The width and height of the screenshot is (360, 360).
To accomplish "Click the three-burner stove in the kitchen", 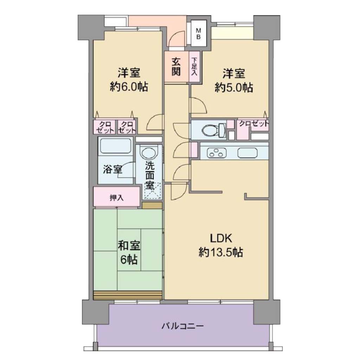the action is (x=217, y=153).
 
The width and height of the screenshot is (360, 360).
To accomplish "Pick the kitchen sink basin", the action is (x=247, y=153).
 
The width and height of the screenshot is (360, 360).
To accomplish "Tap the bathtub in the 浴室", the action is (x=116, y=146).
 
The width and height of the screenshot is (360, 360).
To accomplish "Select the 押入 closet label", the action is (x=117, y=198).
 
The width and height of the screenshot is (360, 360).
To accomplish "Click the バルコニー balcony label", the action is (x=182, y=326).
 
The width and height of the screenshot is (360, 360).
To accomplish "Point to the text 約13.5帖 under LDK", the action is (x=220, y=252).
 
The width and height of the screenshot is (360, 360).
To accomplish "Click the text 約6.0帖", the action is (x=129, y=87).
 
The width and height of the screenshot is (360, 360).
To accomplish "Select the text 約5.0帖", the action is (x=234, y=88).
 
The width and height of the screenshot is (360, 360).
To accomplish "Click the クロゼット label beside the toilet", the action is (x=254, y=124).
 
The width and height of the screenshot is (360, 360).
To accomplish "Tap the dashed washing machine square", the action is (x=152, y=191).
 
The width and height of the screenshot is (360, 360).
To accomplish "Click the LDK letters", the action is (x=221, y=238).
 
